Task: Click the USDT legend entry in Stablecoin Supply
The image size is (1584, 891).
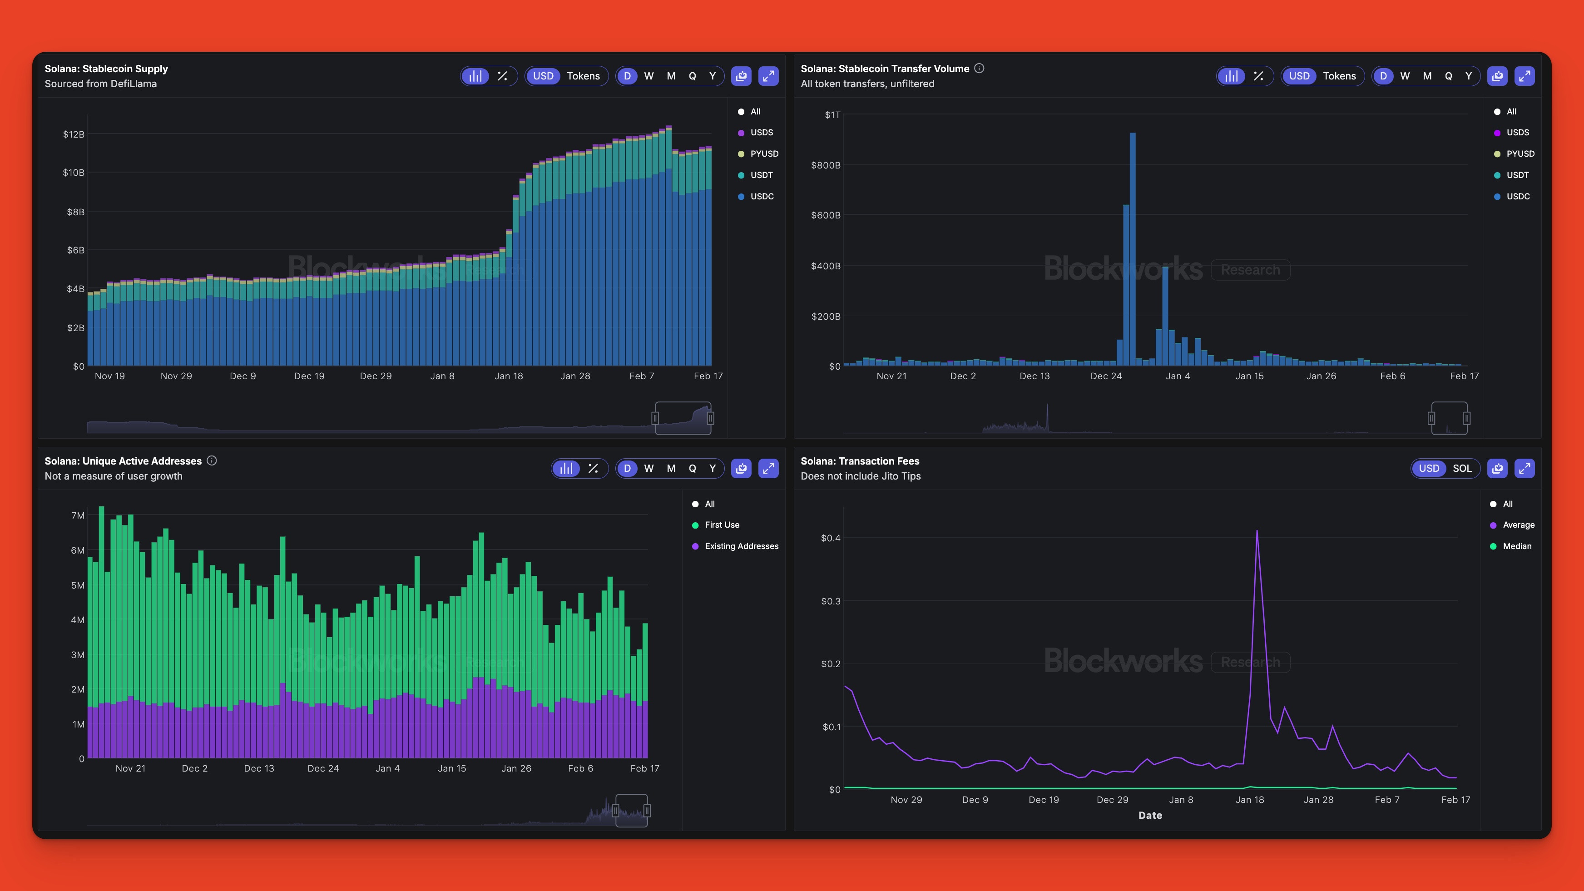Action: point(761,175)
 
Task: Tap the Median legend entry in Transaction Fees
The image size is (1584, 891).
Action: point(1516,546)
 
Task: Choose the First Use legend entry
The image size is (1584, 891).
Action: point(721,525)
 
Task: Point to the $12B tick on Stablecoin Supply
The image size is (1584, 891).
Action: point(74,134)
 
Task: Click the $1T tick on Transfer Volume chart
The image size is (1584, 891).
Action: point(832,115)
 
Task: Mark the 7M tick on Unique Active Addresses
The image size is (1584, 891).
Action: point(78,515)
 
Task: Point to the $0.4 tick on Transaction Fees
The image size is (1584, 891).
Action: point(830,538)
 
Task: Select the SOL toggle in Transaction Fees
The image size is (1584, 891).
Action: point(1462,469)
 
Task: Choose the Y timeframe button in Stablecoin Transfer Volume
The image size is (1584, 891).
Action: point(1468,76)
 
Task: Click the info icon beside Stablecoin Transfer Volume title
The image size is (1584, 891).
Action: point(980,68)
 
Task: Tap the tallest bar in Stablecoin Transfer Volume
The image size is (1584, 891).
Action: point(1133,246)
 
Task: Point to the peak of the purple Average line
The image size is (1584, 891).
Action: point(1257,531)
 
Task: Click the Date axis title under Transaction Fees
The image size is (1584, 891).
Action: point(1150,815)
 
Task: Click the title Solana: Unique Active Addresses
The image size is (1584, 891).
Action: point(123,461)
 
